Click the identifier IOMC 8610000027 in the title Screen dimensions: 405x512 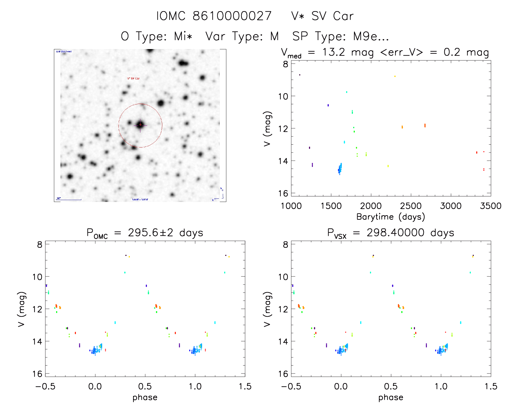tap(214, 16)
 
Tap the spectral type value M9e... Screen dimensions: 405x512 tap(371, 36)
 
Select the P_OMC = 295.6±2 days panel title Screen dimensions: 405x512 tap(145, 233)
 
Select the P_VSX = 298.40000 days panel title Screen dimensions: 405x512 tap(391, 233)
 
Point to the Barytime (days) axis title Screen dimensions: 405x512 tap(391, 217)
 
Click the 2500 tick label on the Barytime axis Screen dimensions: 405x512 tap(411, 206)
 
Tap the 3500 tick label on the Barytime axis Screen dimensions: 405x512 tap(490, 206)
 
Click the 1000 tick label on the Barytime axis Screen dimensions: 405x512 tap(291, 206)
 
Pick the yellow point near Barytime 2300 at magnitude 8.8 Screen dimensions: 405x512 tap(395, 76)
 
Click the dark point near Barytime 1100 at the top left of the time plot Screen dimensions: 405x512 tap(300, 75)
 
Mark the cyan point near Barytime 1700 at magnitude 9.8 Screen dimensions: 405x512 tap(346, 92)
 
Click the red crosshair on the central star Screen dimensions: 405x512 tap(140, 125)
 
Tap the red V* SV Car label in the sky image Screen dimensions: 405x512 tap(133, 79)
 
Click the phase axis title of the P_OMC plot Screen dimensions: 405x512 tap(145, 397)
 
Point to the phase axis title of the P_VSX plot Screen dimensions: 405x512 tap(391, 397)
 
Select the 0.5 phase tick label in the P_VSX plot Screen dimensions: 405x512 tap(391, 387)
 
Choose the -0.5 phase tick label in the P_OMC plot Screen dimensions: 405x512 tap(45, 387)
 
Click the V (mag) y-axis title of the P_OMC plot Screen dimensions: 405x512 tap(22, 309)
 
